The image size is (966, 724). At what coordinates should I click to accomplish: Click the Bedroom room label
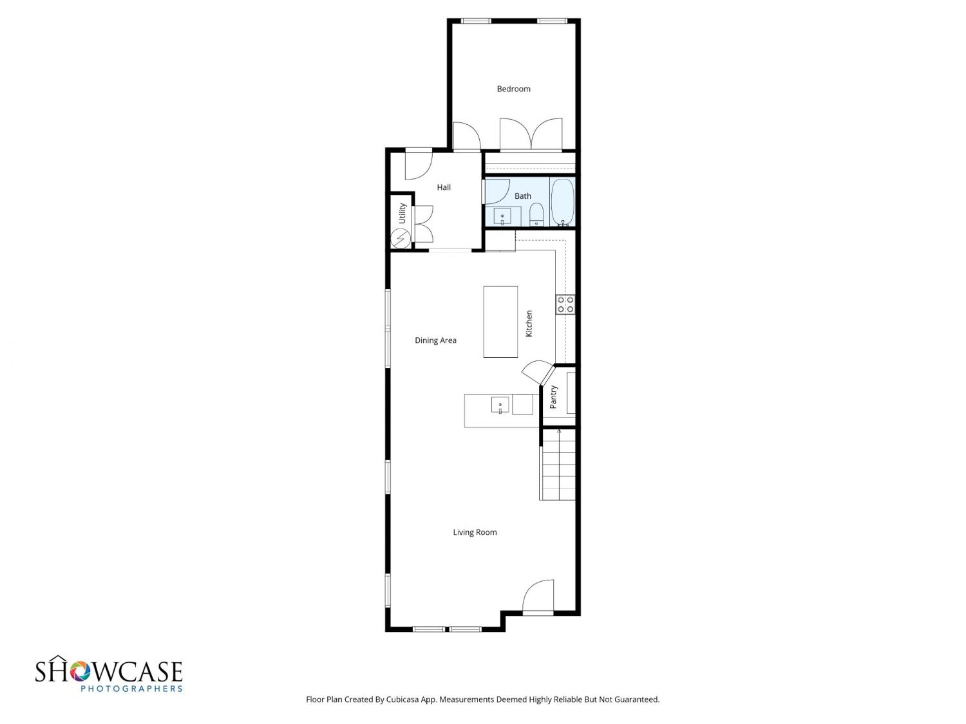(x=513, y=89)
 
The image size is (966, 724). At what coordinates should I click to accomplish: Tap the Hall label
(x=444, y=187)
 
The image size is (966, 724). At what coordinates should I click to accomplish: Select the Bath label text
(x=522, y=196)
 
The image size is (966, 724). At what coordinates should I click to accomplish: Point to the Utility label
(x=402, y=213)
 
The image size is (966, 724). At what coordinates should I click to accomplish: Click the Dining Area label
(x=435, y=340)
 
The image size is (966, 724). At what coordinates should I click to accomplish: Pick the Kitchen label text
(x=529, y=324)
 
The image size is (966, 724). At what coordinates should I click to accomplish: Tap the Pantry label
(x=553, y=397)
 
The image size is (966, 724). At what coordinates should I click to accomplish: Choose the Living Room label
(x=475, y=532)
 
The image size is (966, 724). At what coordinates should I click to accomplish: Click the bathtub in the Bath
(x=562, y=202)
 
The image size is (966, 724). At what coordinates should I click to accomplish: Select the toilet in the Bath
(x=536, y=214)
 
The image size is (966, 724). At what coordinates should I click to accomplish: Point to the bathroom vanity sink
(x=502, y=217)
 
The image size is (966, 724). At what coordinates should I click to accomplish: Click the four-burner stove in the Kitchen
(x=565, y=304)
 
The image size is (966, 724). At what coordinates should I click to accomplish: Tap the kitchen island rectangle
(x=500, y=322)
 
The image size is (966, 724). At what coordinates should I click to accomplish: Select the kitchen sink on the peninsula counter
(x=500, y=405)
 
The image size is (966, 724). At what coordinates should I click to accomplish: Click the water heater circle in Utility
(x=401, y=239)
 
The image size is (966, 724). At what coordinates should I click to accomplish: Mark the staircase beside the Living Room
(x=558, y=464)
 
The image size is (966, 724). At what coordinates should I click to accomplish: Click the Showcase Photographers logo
(x=109, y=674)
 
